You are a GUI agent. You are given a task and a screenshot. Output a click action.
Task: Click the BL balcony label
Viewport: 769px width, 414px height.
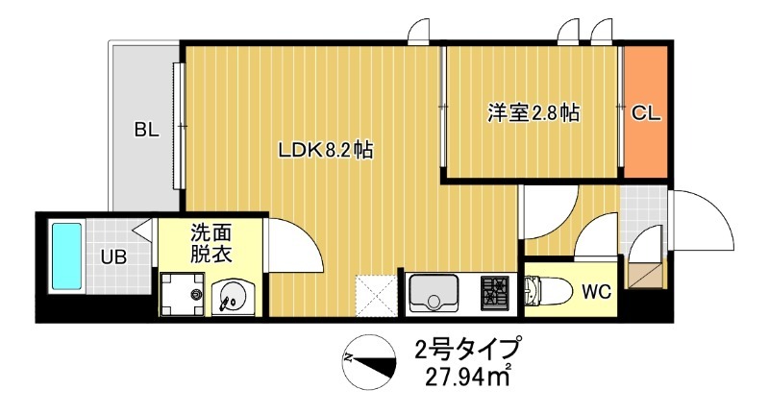pyautogui.click(x=146, y=130)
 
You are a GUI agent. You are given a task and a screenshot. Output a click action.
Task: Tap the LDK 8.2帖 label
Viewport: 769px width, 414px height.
pyautogui.click(x=325, y=150)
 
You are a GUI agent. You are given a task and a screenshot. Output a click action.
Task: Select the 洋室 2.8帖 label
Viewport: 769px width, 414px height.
pyautogui.click(x=533, y=112)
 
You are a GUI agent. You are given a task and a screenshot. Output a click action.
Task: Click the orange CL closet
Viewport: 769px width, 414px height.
pyautogui.click(x=645, y=112)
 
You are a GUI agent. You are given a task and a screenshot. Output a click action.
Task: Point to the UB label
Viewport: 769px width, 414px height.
pyautogui.click(x=114, y=256)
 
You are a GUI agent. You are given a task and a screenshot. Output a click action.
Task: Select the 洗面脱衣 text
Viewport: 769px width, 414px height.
pyautogui.click(x=211, y=243)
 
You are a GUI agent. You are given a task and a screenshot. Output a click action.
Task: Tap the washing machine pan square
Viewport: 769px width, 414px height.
pyautogui.click(x=183, y=293)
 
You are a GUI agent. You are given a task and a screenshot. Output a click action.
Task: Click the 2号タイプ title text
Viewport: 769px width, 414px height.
pyautogui.click(x=468, y=348)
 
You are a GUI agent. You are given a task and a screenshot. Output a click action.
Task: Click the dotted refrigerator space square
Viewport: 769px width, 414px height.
pyautogui.click(x=376, y=294)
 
